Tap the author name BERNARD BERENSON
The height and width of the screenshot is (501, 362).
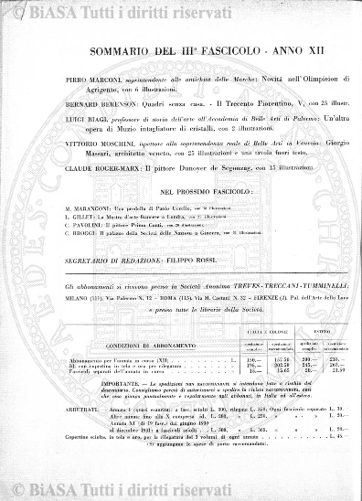click(98, 104)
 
